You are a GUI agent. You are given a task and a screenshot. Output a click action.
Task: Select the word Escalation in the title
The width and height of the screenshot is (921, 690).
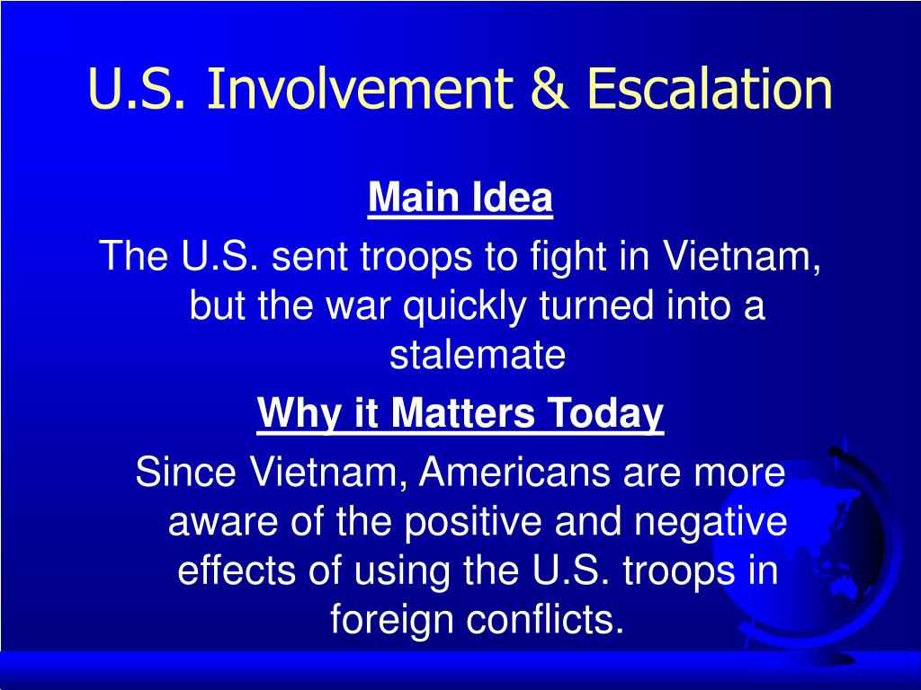[x=709, y=88]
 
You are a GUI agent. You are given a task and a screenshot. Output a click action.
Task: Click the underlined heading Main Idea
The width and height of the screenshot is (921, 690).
[x=460, y=198]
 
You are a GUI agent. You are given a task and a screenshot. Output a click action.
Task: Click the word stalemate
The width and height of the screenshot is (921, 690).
[x=477, y=354]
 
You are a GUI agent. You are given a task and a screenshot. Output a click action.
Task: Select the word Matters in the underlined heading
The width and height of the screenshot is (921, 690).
[x=463, y=412]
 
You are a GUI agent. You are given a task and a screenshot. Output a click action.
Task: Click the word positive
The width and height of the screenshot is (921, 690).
[x=473, y=522]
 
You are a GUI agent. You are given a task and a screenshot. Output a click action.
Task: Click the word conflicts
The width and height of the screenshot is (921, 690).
[x=544, y=618]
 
